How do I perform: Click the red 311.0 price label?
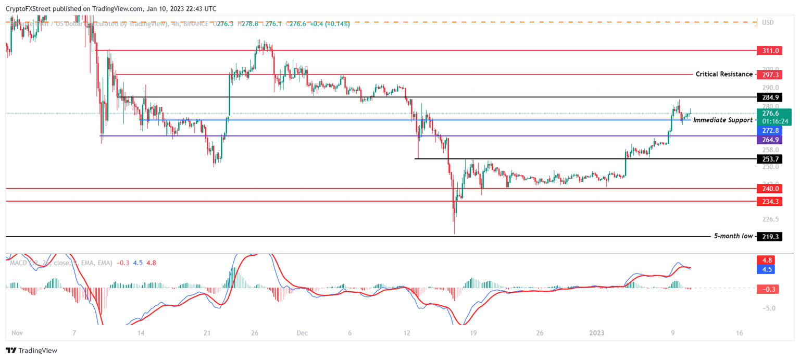pos(770,51)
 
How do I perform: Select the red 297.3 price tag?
pos(770,75)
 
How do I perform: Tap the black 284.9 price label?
pos(770,97)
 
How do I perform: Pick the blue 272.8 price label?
pos(770,130)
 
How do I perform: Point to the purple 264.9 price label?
pos(770,140)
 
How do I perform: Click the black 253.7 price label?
pos(770,158)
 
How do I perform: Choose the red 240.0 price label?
pos(770,189)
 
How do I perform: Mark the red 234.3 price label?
pos(770,201)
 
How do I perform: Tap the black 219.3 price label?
pos(770,237)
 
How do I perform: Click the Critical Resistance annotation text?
pos(724,75)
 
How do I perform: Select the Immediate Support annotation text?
pos(722,120)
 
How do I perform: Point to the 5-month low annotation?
pos(733,237)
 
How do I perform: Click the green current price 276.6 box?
pos(774,117)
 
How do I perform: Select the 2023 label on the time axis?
pos(597,333)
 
